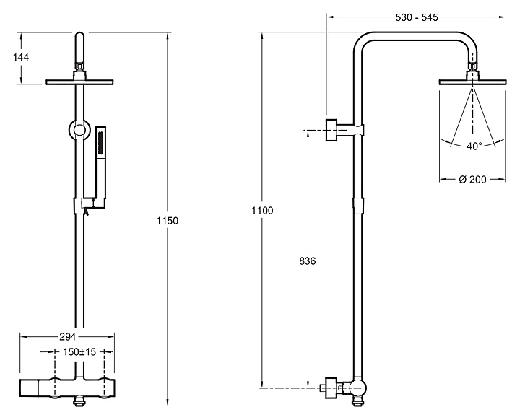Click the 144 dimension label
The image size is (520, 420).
click(x=21, y=57)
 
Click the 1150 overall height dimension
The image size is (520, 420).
click(x=168, y=220)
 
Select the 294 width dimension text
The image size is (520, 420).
click(x=68, y=337)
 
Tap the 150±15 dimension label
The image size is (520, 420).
click(x=79, y=351)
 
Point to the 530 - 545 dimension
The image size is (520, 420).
click(x=417, y=17)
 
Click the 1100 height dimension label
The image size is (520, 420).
click(x=262, y=211)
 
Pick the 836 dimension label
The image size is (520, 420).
click(x=308, y=261)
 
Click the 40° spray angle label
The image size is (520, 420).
click(x=474, y=146)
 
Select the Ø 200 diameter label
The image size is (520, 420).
click(x=472, y=180)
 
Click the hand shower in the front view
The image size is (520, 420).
click(x=100, y=166)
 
